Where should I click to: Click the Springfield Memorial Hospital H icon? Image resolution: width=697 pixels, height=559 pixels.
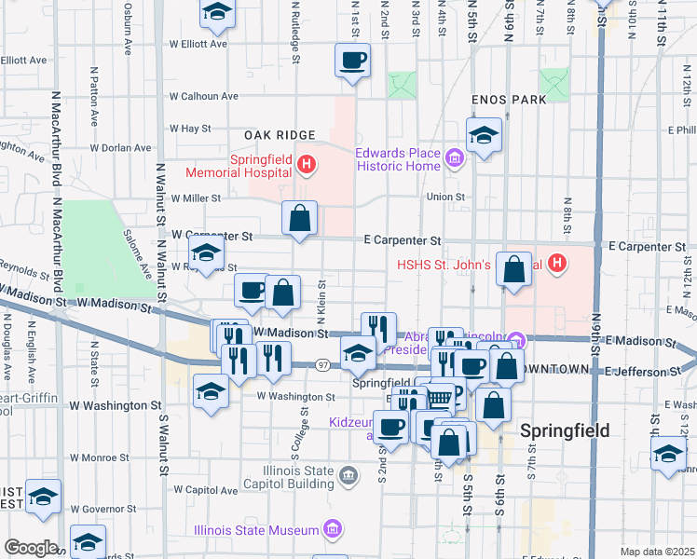coord(307,166)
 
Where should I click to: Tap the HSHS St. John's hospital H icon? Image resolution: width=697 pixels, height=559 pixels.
coord(557,264)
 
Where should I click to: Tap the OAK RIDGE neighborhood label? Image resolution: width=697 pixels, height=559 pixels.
coord(280,135)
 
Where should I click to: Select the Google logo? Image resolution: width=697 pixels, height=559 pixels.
coord(31,548)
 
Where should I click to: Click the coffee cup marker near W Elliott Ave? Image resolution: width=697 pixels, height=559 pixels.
coord(353,62)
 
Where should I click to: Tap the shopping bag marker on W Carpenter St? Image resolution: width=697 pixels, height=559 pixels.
coord(300,220)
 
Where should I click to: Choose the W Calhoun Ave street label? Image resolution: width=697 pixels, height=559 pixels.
coord(203,95)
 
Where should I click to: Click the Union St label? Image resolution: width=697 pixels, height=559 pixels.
coord(445,197)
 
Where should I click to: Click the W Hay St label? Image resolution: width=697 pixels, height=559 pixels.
coord(191,129)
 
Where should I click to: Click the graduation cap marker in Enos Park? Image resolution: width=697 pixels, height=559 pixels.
coord(484,137)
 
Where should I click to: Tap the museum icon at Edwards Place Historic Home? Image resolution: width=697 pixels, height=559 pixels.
coord(455,159)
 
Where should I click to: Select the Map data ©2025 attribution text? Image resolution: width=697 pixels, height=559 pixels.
coord(657,552)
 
